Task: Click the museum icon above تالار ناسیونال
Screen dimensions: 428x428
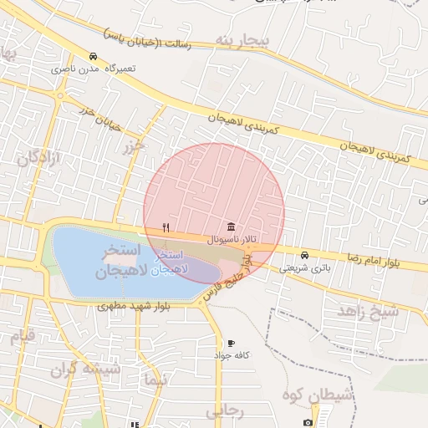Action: (x=231, y=227)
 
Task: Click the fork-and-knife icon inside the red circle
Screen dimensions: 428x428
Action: (x=166, y=227)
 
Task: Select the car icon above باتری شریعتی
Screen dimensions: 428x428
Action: (x=304, y=255)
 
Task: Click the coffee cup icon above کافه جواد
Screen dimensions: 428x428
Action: (x=231, y=343)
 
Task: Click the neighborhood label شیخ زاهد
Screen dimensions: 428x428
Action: (x=369, y=310)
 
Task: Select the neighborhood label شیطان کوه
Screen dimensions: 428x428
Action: (x=317, y=393)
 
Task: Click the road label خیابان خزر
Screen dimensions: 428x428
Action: (x=99, y=119)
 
